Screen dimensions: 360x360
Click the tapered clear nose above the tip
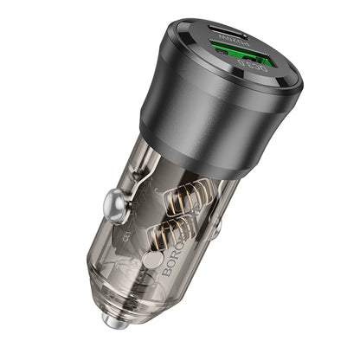(130, 299)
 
